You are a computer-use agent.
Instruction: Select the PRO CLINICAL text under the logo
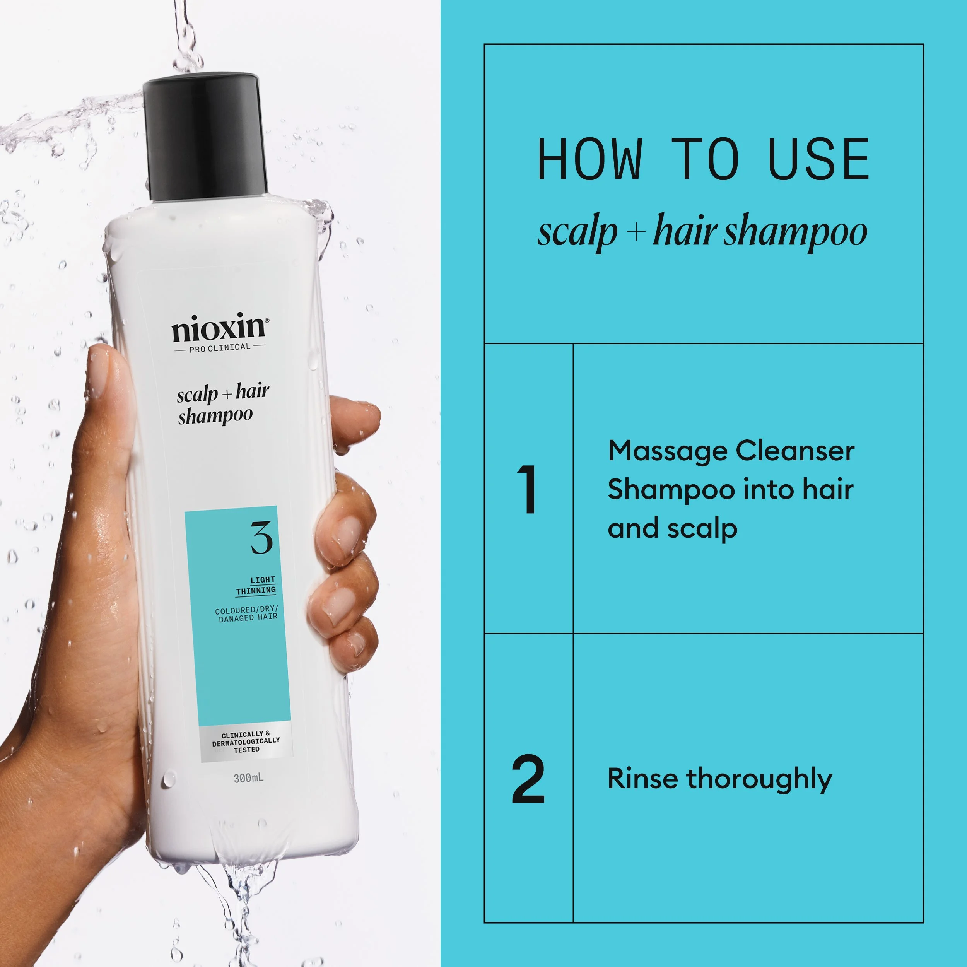click(x=220, y=347)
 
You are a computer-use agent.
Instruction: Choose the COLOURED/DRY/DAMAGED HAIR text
click(x=246, y=613)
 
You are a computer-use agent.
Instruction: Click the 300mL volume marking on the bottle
click(x=248, y=778)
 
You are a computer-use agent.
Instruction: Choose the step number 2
click(x=528, y=779)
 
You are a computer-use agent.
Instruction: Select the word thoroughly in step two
click(x=759, y=780)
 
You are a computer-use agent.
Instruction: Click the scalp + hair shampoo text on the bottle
click(x=222, y=403)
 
